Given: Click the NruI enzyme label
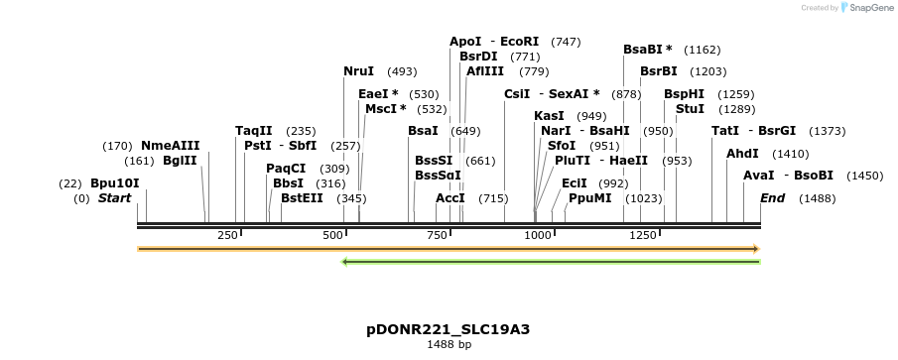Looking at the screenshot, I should tap(358, 71).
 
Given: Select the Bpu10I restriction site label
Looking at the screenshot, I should tap(114, 183).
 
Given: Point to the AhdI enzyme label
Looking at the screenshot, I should tap(742, 154).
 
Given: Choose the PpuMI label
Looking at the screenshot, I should tap(589, 198).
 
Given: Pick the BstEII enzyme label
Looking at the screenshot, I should tap(302, 198).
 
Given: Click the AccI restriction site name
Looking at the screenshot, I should tap(450, 198).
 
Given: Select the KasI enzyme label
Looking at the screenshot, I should tap(549, 116).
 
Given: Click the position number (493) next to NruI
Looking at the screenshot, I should tap(402, 71).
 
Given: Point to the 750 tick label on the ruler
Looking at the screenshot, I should tap(436, 235).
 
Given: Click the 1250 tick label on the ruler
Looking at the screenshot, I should tap(643, 235).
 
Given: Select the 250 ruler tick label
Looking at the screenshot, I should tap(227, 235).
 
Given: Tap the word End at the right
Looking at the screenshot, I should tap(772, 198).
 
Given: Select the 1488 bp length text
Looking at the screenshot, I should tap(449, 344).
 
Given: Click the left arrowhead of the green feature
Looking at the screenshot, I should tap(343, 262).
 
